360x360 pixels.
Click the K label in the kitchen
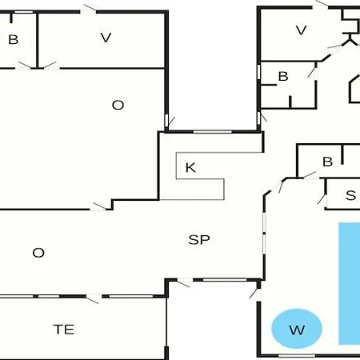coord(190,168)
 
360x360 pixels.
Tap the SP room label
coord(199,240)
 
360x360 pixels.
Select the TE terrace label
coord(64,330)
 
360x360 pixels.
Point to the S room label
coord(350,195)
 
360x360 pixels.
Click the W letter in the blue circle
coord(297,330)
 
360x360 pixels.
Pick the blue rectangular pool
coord(350,283)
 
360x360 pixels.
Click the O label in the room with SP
coord(38,253)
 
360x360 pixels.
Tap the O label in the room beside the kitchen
coord(118,105)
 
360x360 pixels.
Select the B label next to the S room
coord(328,162)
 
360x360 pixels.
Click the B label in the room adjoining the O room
coord(14,40)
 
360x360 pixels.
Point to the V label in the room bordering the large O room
coord(106,38)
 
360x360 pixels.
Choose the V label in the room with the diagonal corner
coord(302,30)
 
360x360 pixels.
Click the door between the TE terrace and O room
coord(94,298)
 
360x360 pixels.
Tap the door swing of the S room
coord(322,199)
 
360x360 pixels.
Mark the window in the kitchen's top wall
coord(213,132)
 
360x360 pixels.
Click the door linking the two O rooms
coord(99,207)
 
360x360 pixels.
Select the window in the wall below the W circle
coord(297,356)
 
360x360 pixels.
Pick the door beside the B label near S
coord(310,176)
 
